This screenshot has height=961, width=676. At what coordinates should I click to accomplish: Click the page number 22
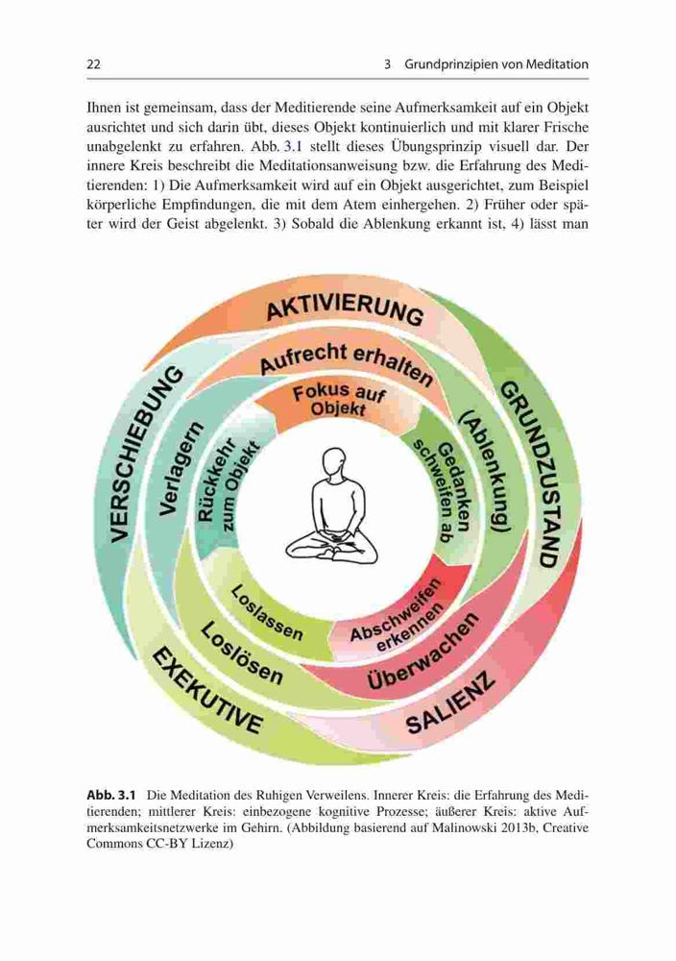(x=94, y=64)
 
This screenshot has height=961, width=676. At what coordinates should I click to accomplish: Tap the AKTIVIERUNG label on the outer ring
(x=344, y=310)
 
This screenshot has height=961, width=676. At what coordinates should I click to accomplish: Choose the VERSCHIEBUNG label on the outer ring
(x=146, y=455)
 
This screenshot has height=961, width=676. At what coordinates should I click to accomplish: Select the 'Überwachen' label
(x=422, y=652)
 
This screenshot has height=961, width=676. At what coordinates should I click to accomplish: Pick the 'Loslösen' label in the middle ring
(x=241, y=653)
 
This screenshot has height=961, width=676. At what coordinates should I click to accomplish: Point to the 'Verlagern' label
(x=178, y=468)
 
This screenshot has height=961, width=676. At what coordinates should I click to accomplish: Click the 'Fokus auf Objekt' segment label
(x=339, y=400)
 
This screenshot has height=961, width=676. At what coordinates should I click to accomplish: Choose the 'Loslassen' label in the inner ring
(x=266, y=612)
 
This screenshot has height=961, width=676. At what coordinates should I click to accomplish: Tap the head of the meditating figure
(x=333, y=464)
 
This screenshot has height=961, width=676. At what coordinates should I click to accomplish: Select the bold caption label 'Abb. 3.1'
(x=110, y=795)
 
